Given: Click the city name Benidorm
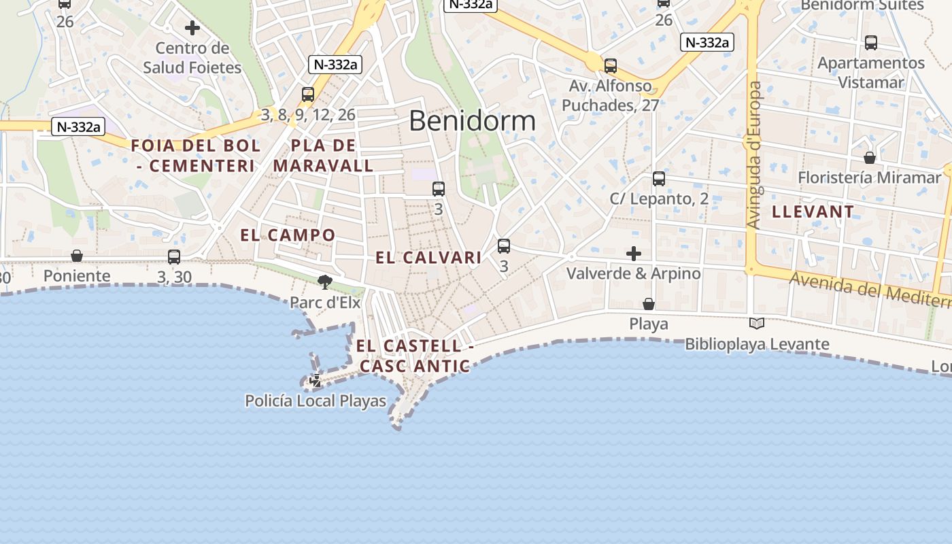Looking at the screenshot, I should pyautogui.click(x=472, y=121).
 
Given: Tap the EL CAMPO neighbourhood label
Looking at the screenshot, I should pyautogui.click(x=288, y=235).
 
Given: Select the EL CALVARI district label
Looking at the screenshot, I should pyautogui.click(x=428, y=258).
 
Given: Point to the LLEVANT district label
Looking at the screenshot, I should pyautogui.click(x=813, y=211).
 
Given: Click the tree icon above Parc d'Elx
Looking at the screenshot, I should pyautogui.click(x=325, y=282).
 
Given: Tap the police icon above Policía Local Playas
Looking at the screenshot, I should pyautogui.click(x=315, y=381).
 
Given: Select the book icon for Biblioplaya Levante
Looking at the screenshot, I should pyautogui.click(x=757, y=324).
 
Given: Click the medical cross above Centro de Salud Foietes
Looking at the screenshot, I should pyautogui.click(x=192, y=28).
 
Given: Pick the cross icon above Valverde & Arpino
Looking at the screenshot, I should pyautogui.click(x=634, y=254).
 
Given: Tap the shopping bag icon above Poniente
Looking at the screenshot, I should pyautogui.click(x=77, y=256).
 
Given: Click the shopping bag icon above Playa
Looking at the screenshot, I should pyautogui.click(x=649, y=303).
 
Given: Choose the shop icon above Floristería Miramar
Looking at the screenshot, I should pyautogui.click(x=870, y=158).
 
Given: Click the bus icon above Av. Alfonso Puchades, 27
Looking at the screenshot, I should pyautogui.click(x=611, y=66).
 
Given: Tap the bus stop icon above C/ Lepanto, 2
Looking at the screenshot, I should pyautogui.click(x=659, y=179).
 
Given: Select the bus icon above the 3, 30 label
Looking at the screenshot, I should pyautogui.click(x=174, y=257).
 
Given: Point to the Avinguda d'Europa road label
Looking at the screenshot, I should pyautogui.click(x=754, y=155).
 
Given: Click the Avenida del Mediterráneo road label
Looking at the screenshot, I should pyautogui.click(x=870, y=290).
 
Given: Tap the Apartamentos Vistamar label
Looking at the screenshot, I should pyautogui.click(x=871, y=73).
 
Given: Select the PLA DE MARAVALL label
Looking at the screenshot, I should pyautogui.click(x=324, y=155).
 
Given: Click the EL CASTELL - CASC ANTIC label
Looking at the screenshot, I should pyautogui.click(x=414, y=356).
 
